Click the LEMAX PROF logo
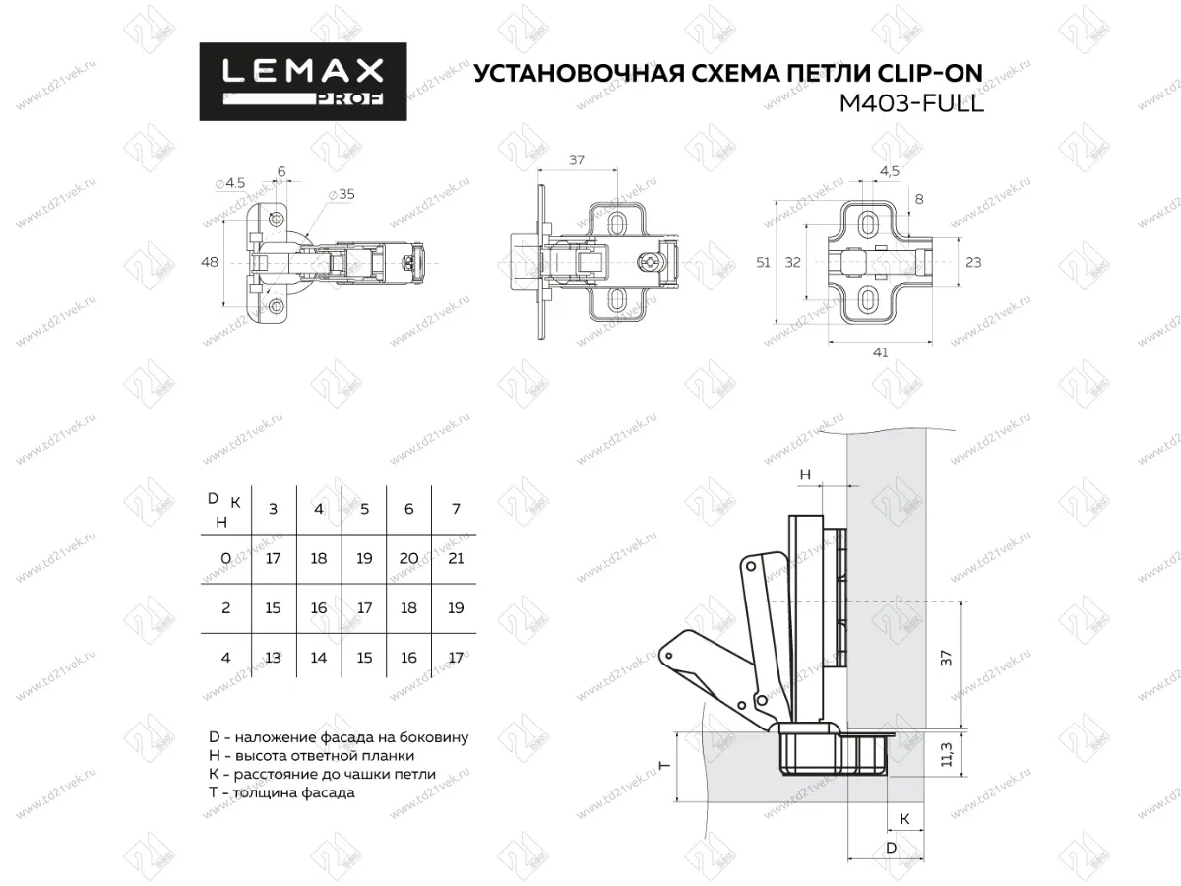point(302,82)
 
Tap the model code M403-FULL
point(910,103)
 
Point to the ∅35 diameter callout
point(342,194)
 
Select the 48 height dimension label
point(209,263)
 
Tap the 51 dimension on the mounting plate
point(763,263)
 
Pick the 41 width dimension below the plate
point(880,352)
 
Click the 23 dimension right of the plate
point(973,263)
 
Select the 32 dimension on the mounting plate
point(792,263)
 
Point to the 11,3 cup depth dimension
point(948,755)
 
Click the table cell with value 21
point(455,558)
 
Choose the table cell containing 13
point(273,658)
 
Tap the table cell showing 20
point(409,558)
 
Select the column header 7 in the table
point(455,509)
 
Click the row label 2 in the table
point(226,608)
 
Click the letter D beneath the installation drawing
point(891,848)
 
